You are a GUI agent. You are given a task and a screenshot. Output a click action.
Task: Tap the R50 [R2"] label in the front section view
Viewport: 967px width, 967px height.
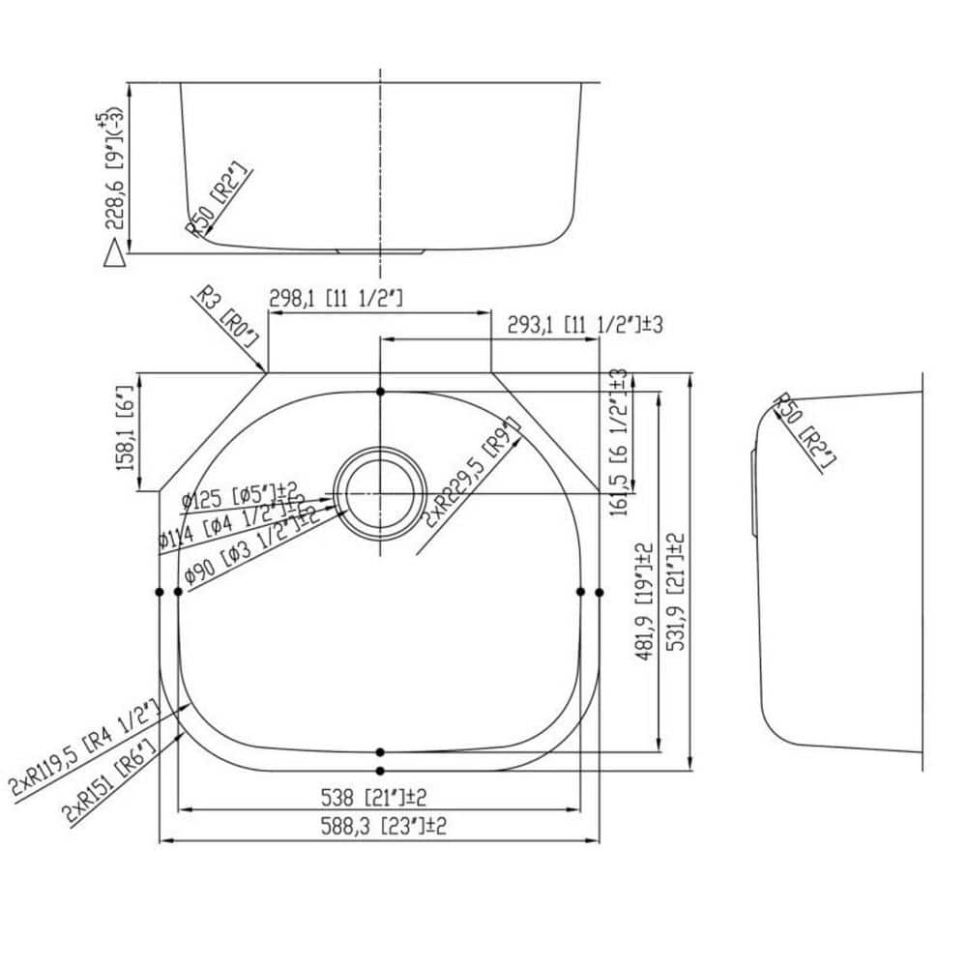tap(218, 200)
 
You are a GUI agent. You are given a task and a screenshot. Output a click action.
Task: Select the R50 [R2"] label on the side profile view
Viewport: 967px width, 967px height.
tap(805, 431)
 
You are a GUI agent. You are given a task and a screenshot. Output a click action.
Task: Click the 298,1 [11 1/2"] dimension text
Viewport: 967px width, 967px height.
tap(336, 300)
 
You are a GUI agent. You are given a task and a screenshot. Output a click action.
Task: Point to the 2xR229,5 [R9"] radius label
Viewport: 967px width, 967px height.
tap(471, 474)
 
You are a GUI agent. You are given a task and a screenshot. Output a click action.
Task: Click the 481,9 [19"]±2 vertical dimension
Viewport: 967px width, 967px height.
tap(643, 602)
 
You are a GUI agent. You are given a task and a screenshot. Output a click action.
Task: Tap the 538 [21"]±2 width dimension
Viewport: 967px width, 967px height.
tap(373, 797)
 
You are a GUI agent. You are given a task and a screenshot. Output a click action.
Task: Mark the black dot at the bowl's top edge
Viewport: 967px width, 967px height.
tap(380, 392)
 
